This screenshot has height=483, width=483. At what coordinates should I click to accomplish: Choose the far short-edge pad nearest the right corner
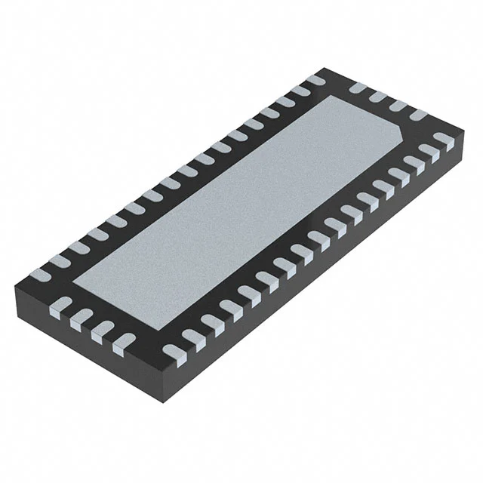pos(417,115)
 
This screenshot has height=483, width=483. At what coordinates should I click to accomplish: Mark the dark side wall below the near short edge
pos(75,343)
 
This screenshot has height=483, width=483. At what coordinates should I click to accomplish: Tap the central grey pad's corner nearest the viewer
pos(157,329)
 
